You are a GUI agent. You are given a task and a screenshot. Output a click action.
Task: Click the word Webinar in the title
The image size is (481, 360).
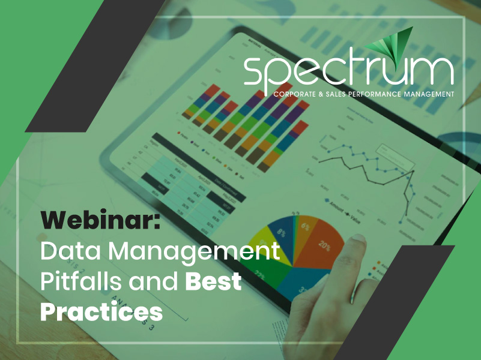[x=100, y=221]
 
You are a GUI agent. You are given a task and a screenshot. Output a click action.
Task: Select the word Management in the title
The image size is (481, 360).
[x=198, y=251]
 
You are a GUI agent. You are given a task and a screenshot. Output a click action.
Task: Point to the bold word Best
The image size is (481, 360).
[x=213, y=281]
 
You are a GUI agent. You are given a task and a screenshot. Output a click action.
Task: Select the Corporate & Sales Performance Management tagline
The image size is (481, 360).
[x=363, y=94]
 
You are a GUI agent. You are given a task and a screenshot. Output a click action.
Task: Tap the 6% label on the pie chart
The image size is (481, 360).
[x=306, y=226]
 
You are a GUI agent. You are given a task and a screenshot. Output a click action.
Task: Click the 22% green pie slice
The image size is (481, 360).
[x=262, y=270]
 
